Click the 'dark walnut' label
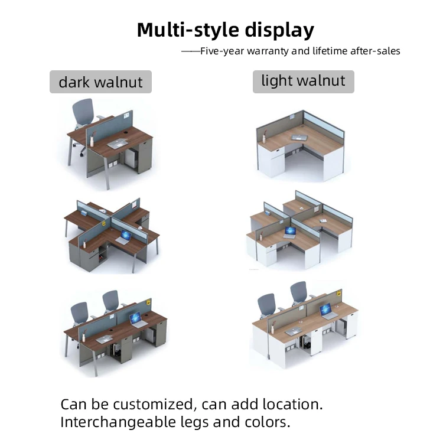click(100, 82)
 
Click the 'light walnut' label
click(303, 81)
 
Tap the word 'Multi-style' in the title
click(184, 30)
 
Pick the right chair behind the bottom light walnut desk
click(299, 294)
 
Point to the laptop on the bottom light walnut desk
click(327, 312)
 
